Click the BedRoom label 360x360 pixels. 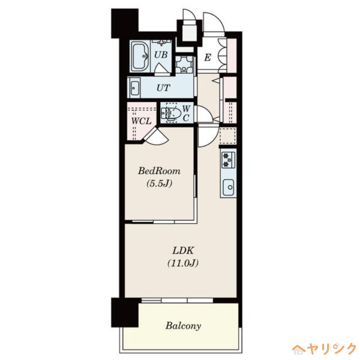tap(159, 171)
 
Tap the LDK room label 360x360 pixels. tap(183, 251)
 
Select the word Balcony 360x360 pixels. tap(183, 325)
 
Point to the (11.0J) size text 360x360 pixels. tap(183, 264)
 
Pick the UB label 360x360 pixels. tap(161, 55)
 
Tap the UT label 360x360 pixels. tap(163, 88)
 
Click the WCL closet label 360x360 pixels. tap(141, 121)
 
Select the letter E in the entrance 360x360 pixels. tap(207, 57)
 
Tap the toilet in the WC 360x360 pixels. tap(172, 112)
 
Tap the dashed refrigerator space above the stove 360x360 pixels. tap(228, 136)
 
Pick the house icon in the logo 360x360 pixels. tap(298, 349)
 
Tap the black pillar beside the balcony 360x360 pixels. tap(124, 312)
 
